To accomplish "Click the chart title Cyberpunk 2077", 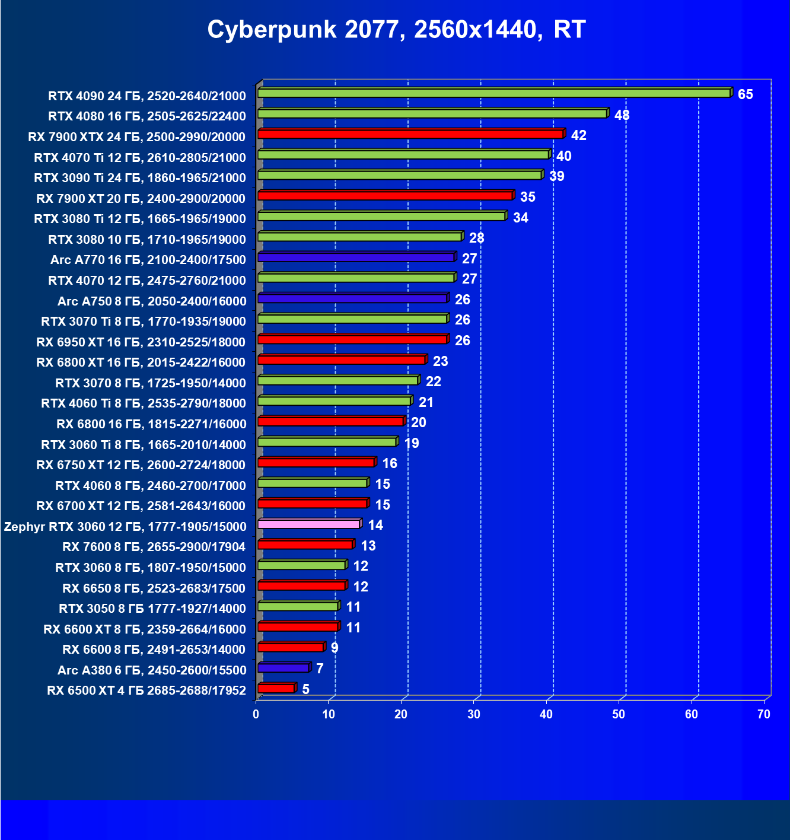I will (396, 30).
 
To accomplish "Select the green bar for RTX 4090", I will (493, 93).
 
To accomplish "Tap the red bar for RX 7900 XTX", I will (410, 134).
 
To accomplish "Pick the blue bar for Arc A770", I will (356, 257).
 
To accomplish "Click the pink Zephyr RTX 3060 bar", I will (309, 524).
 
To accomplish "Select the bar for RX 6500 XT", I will (276, 688).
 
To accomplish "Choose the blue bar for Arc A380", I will (283, 668).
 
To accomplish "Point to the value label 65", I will (745, 95).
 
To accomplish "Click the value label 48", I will (622, 115).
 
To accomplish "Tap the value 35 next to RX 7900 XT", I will (527, 197).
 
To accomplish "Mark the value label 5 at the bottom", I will (305, 689).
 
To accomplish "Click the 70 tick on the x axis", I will (763, 714).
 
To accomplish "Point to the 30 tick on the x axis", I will (473, 714).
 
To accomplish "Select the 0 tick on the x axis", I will (256, 714).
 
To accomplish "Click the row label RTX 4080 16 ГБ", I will (147, 116).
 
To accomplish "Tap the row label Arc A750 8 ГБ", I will (152, 301).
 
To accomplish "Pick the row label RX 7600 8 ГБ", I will (154, 547).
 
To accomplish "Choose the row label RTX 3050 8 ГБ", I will (152, 609).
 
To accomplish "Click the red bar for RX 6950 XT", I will (352, 339).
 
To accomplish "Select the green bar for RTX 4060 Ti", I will (335, 401).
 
